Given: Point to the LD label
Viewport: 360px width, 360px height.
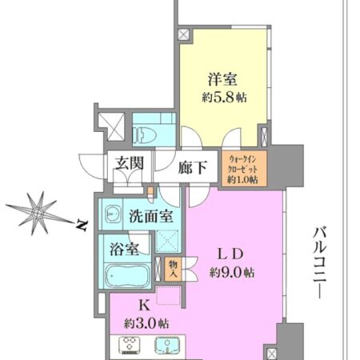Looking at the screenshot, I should click(226, 255).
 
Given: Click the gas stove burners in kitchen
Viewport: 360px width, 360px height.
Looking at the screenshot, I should click(130, 346).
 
